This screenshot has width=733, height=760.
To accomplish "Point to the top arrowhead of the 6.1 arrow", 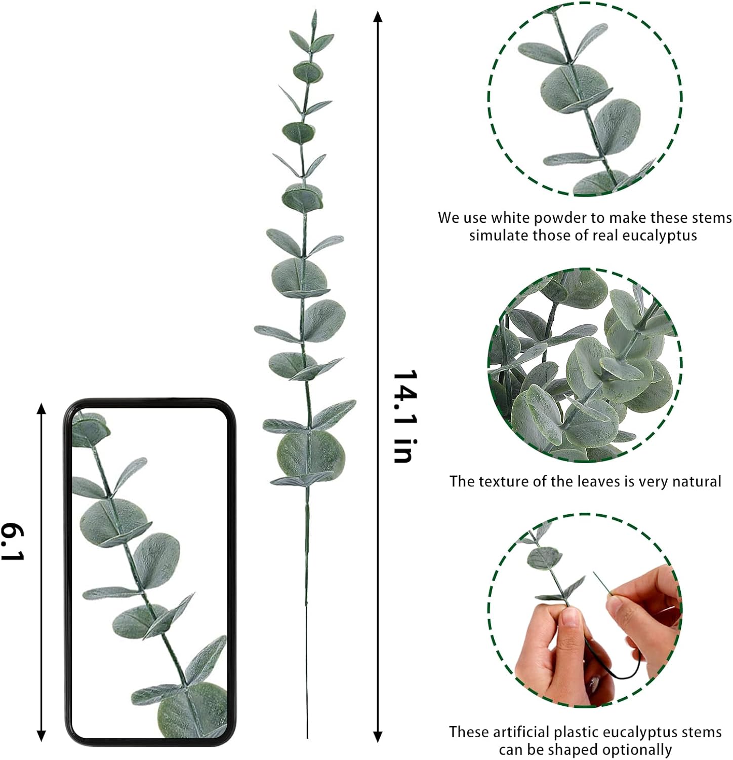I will click(x=42, y=408).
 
